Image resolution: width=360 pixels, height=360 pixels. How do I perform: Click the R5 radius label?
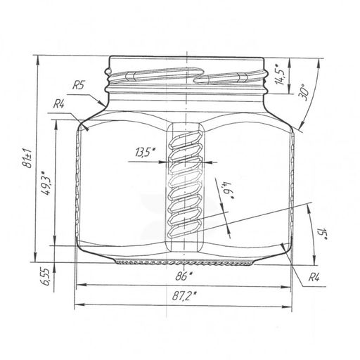click(x=78, y=85)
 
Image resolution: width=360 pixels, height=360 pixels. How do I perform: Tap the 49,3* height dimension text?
click(x=45, y=183)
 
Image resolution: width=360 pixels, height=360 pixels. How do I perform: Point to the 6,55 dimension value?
click(x=45, y=277)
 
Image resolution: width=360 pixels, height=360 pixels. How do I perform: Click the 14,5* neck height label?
click(x=279, y=74)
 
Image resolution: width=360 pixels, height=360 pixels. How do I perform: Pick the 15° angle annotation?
click(x=322, y=233)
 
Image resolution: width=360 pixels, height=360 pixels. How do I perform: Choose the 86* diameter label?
click(x=184, y=276)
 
